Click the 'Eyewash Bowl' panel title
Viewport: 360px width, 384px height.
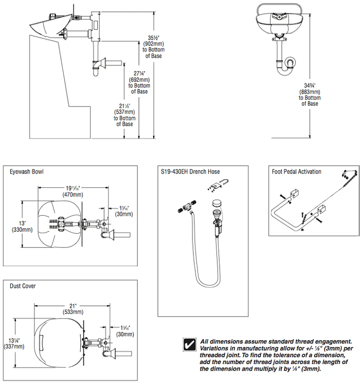(x=26, y=172)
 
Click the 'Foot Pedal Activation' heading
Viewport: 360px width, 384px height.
(x=297, y=172)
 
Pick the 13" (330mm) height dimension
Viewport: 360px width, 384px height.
(x=22, y=226)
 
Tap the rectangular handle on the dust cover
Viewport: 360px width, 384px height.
(x=42, y=342)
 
